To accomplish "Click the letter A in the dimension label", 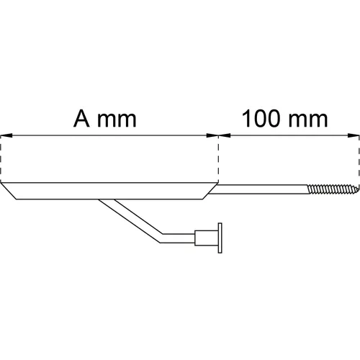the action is click(81, 119).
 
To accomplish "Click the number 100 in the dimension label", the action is click(261, 119).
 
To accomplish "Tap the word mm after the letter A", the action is click(117, 121).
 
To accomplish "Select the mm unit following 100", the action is click(308, 121).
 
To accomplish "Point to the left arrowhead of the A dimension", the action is click(6, 135).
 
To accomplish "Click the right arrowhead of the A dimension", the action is click(212, 135).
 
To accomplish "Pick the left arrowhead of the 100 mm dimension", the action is click(225, 135).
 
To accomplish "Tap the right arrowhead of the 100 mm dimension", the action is click(354, 135).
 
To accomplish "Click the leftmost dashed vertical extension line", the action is click(1, 159).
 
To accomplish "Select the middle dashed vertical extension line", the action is click(218, 159).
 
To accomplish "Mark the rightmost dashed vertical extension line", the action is click(359, 161).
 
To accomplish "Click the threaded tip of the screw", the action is click(333, 189).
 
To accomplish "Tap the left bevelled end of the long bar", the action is click(9, 191).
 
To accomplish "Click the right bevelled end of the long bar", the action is click(210, 191).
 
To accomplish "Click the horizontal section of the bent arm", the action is click(178, 238).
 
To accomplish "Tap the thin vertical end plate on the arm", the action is click(220, 238).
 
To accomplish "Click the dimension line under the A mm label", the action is click(109, 135).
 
